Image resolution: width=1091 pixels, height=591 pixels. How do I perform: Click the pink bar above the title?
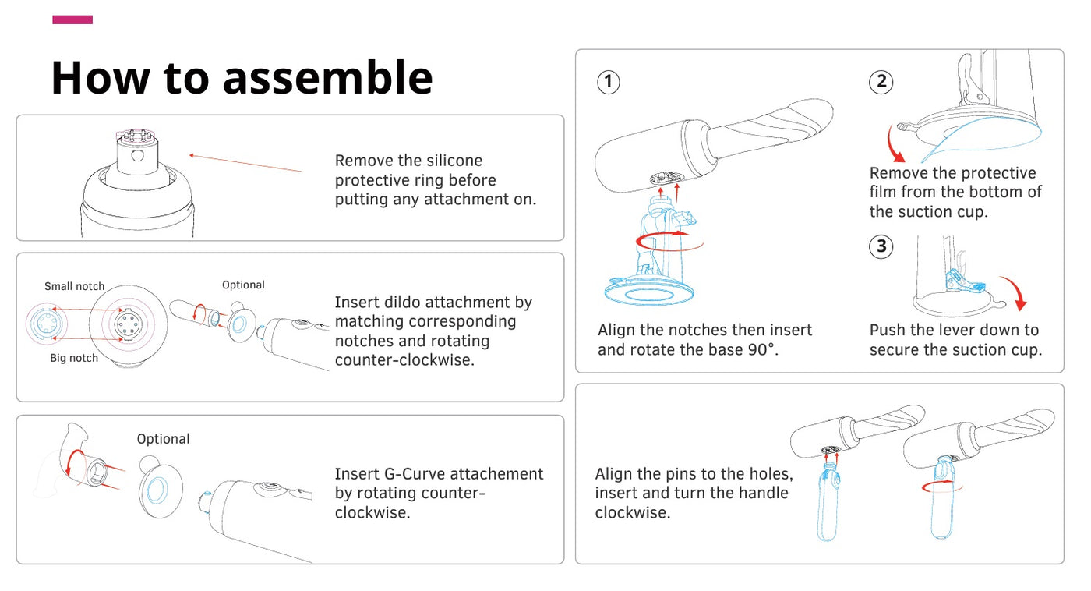pos(72,19)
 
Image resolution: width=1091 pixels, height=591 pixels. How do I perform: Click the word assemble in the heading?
pos(328,77)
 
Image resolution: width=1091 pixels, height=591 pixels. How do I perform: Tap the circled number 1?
pos(609,82)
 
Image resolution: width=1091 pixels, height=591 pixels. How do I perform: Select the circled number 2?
pos(881,81)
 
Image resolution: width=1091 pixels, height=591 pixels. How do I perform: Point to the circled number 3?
pos(881,246)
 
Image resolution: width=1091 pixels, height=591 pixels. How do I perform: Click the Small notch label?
pos(75,286)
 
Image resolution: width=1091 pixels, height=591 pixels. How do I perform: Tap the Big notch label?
pos(74,358)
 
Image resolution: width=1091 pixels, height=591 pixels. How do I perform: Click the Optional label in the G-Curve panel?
pos(163,439)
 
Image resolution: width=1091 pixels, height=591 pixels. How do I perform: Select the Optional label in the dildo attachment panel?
pos(243,285)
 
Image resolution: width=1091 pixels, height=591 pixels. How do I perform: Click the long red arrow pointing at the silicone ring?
pos(245,163)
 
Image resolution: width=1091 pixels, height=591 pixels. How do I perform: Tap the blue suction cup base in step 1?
pos(649,293)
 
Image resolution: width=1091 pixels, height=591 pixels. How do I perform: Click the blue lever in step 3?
pos(966,284)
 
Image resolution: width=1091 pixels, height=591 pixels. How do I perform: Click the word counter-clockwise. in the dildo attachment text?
pos(404,360)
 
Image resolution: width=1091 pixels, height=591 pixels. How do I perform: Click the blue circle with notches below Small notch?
pos(46,323)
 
